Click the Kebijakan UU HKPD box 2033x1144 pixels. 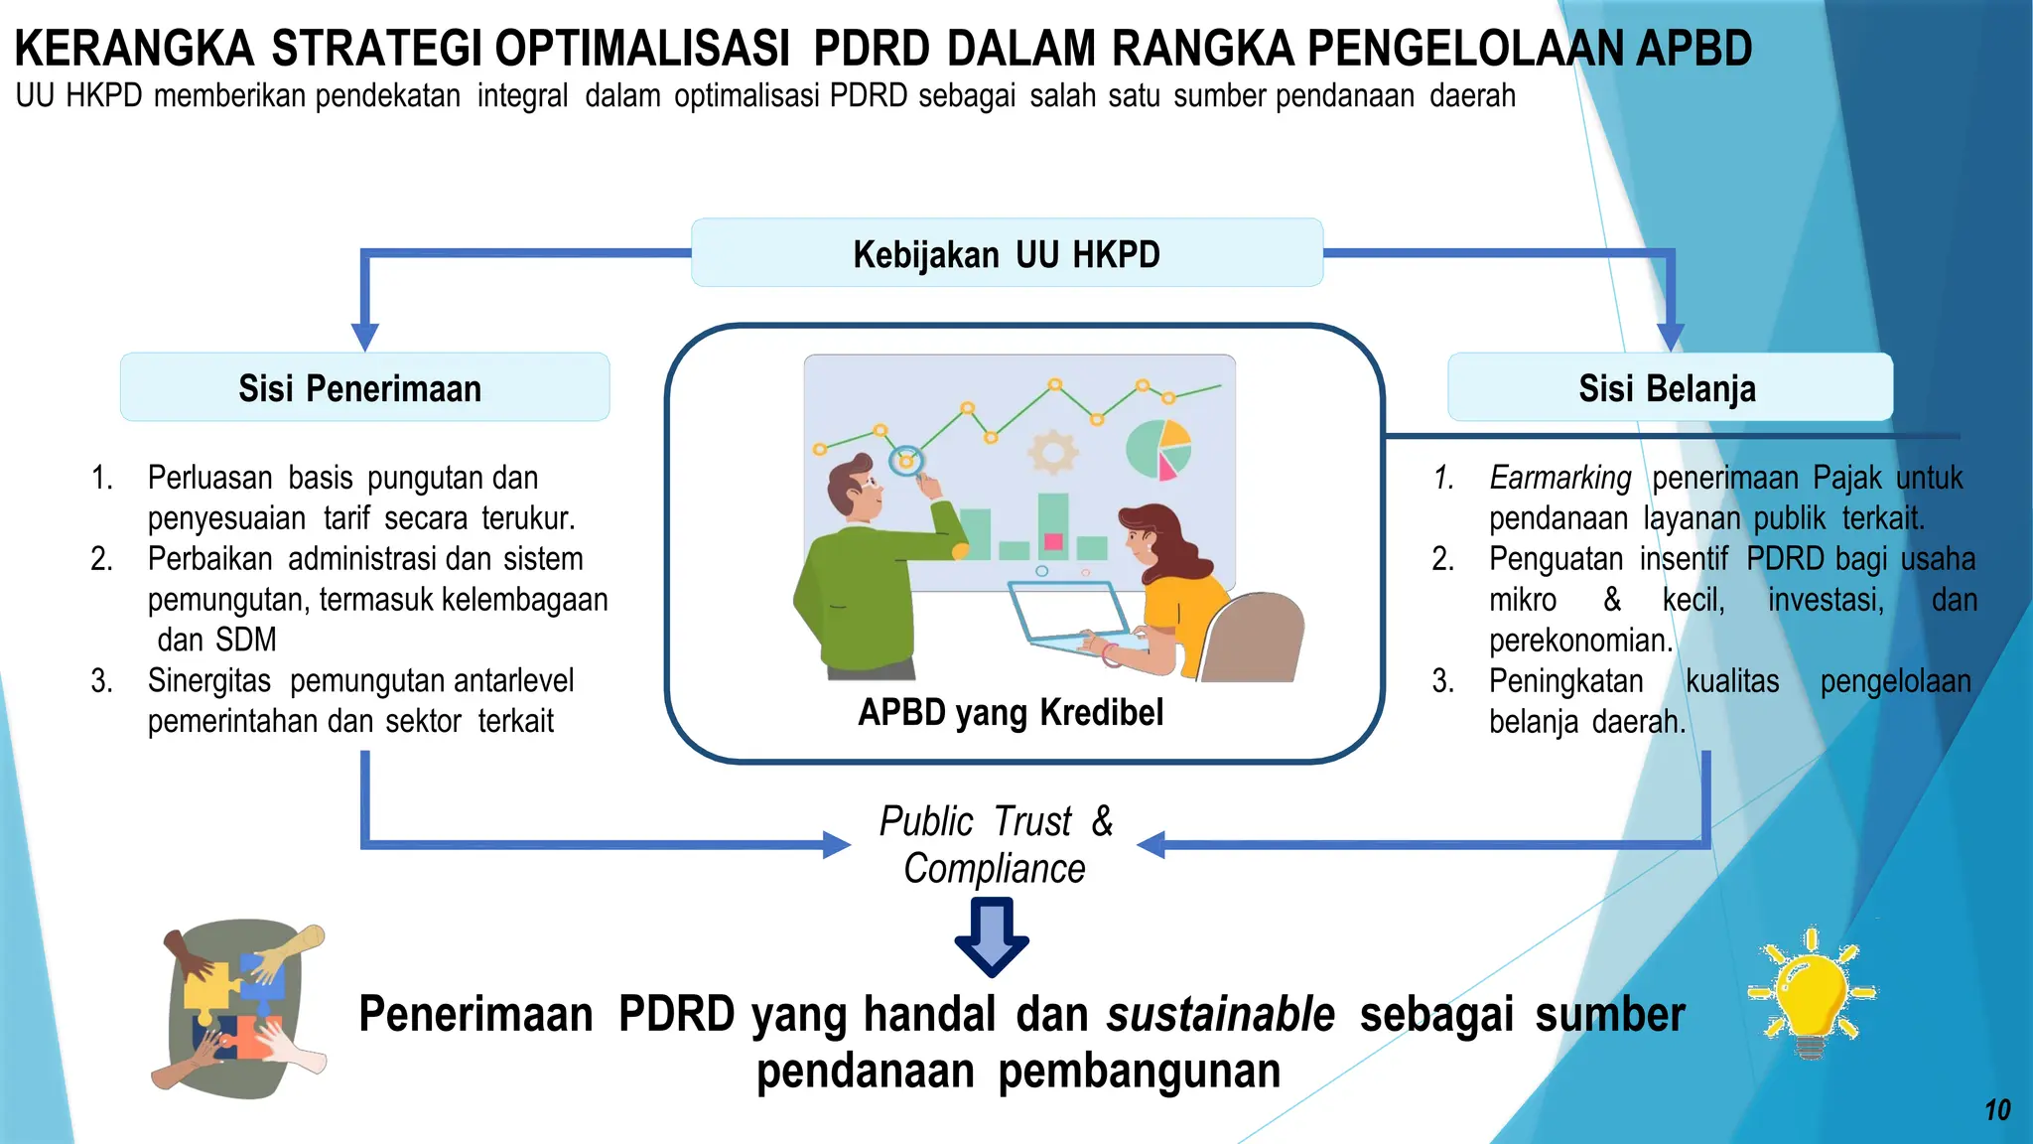(x=1007, y=253)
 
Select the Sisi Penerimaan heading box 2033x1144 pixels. (x=364, y=387)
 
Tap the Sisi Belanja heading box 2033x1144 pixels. (x=1670, y=387)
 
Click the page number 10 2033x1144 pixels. (x=1997, y=1109)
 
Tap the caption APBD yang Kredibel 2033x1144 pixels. (x=1011, y=712)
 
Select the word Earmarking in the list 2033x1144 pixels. (x=1559, y=478)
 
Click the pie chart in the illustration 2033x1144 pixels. (x=1158, y=449)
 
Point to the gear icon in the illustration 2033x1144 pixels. (x=1052, y=453)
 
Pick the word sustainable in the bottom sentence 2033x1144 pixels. (x=1220, y=1015)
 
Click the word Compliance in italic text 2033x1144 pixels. (x=994, y=868)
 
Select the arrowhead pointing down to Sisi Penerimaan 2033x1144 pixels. (x=364, y=337)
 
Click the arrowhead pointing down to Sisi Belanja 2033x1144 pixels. (x=1671, y=337)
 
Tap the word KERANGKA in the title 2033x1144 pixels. (x=134, y=48)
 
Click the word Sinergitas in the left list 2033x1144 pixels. (x=208, y=681)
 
